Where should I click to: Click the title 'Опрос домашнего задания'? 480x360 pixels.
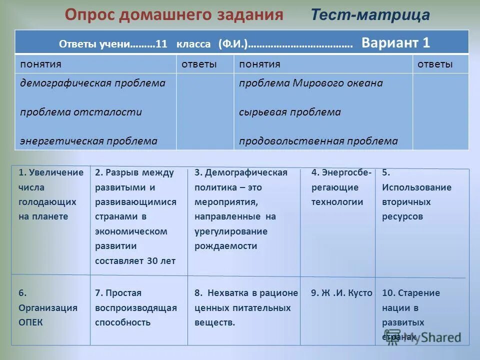pyautogui.click(x=173, y=14)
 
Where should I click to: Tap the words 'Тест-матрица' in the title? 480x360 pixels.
pyautogui.click(x=370, y=15)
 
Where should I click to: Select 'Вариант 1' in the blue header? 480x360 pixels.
pyautogui.click(x=395, y=42)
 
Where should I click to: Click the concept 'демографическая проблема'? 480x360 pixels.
pyautogui.click(x=92, y=83)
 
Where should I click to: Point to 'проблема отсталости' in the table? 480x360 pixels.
pyautogui.click(x=81, y=112)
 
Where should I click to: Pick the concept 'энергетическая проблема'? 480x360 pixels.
pyautogui.click(x=88, y=141)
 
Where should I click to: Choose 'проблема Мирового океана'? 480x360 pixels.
pyautogui.click(x=310, y=83)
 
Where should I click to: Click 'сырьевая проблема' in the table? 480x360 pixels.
pyautogui.click(x=289, y=112)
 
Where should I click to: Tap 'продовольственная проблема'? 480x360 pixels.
pyautogui.click(x=318, y=141)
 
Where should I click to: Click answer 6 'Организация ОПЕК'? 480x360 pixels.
pyautogui.click(x=48, y=307)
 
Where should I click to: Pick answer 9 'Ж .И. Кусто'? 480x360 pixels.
pyautogui.click(x=341, y=293)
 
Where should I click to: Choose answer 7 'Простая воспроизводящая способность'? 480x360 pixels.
pyautogui.click(x=136, y=307)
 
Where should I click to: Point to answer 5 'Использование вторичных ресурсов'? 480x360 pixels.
pyautogui.click(x=416, y=194)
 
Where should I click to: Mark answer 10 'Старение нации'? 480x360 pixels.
pyautogui.click(x=410, y=307)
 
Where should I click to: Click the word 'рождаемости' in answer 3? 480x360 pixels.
pyautogui.click(x=226, y=246)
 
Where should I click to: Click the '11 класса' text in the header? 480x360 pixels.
pyautogui.click(x=183, y=43)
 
